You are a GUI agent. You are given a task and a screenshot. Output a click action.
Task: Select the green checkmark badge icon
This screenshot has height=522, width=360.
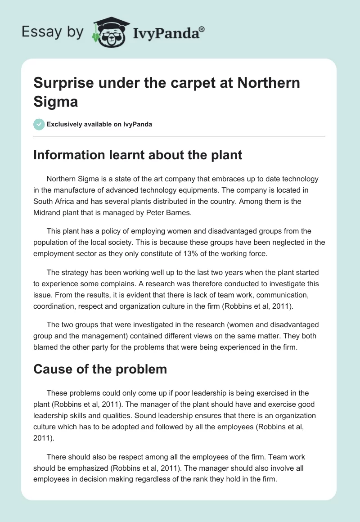click(39, 124)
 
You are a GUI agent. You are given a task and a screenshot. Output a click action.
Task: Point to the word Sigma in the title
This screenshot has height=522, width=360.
click(56, 101)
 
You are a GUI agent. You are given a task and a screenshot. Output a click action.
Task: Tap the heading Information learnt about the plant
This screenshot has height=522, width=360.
click(138, 155)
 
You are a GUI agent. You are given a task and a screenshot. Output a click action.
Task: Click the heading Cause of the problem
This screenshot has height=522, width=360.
click(100, 369)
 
